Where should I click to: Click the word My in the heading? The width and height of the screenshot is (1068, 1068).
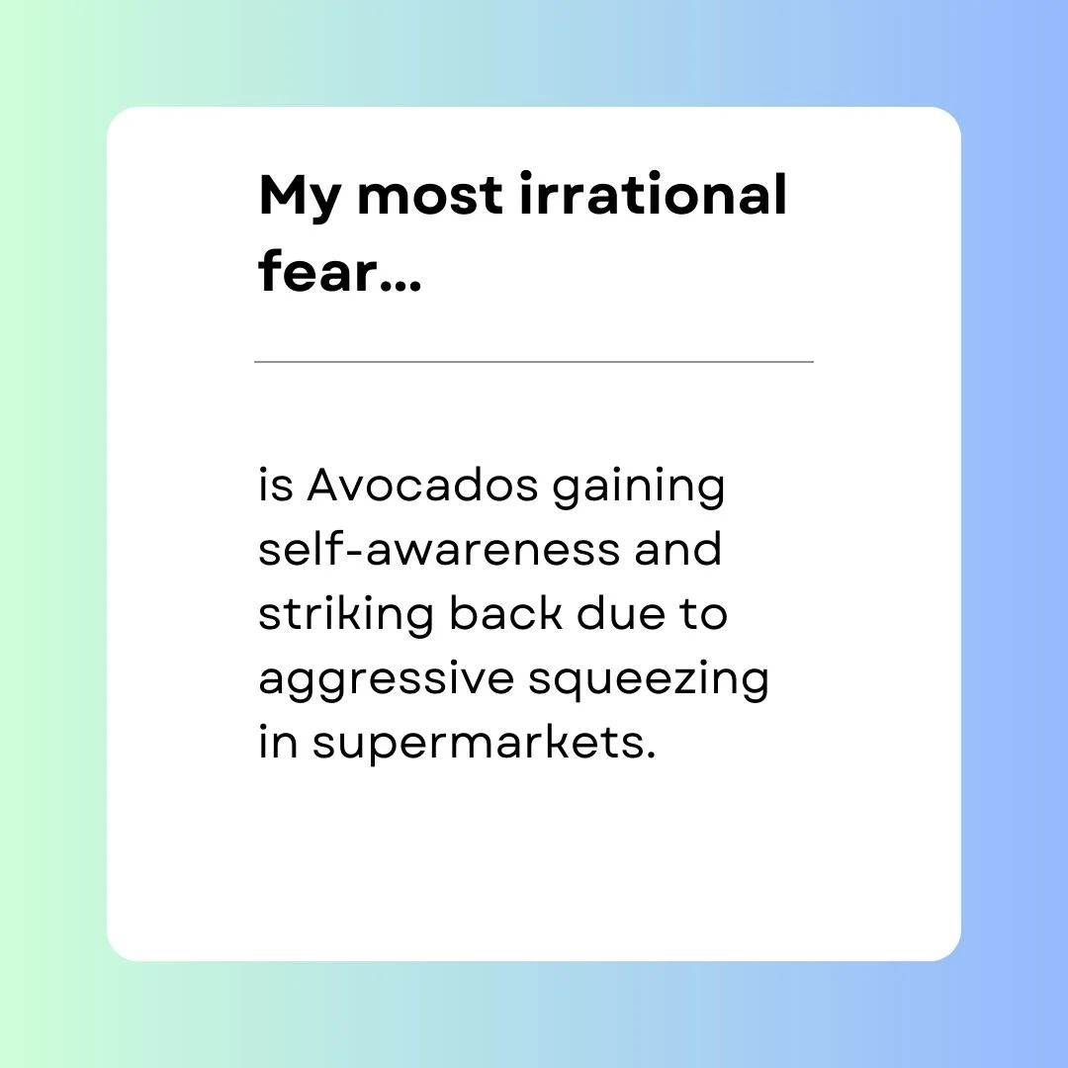point(300,198)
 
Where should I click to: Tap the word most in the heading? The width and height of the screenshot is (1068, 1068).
point(430,196)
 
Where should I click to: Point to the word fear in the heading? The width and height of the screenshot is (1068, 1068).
point(317,270)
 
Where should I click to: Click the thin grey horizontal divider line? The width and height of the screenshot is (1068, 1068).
point(534,362)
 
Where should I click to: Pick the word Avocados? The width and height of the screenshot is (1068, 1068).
point(422,486)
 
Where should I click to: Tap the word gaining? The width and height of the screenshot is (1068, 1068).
point(638,489)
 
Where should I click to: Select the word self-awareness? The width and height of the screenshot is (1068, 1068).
point(439,548)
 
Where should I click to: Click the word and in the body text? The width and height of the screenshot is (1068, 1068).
point(677,548)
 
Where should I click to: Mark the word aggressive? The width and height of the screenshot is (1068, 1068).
point(387,680)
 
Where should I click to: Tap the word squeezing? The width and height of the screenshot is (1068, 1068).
point(649,680)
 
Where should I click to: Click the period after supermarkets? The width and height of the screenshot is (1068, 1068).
point(651,755)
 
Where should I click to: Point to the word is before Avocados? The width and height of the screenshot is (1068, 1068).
point(276,486)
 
